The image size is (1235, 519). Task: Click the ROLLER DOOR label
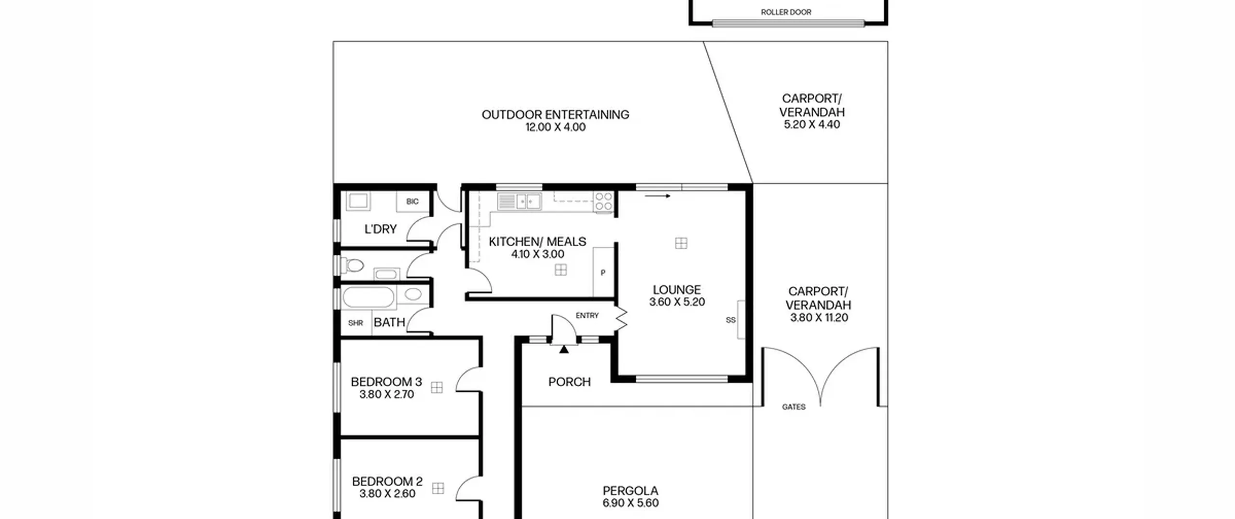click(786, 12)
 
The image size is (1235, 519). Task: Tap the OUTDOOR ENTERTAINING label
click(555, 114)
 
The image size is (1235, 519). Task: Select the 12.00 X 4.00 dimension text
click(555, 127)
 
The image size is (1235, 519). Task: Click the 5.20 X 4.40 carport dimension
click(812, 124)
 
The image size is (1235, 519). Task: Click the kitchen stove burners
click(604, 201)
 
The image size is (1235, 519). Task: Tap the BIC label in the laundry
click(412, 201)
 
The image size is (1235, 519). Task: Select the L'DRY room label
click(380, 229)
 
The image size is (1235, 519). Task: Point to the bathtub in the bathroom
click(368, 297)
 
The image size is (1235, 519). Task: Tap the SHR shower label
click(356, 323)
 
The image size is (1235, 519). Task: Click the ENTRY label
click(587, 315)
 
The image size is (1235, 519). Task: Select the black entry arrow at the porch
click(564, 349)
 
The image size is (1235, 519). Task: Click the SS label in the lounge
click(730, 320)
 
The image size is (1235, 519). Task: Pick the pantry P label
click(603, 273)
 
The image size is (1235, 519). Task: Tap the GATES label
click(794, 407)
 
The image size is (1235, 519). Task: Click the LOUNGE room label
click(677, 290)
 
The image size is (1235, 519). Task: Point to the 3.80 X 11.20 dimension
click(819, 318)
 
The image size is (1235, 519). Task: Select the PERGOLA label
click(630, 491)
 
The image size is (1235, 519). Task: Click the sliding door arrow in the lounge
click(658, 196)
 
